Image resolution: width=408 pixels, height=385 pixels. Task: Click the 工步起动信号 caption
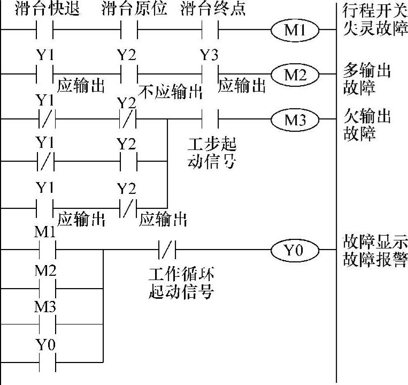click(212, 153)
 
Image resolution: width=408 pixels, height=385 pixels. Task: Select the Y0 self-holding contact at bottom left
click(45, 362)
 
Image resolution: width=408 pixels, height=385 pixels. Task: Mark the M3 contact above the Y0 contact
click(45, 324)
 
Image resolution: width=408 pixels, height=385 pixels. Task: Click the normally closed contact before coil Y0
click(167, 249)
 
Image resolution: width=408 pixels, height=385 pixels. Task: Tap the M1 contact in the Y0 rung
click(45, 249)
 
